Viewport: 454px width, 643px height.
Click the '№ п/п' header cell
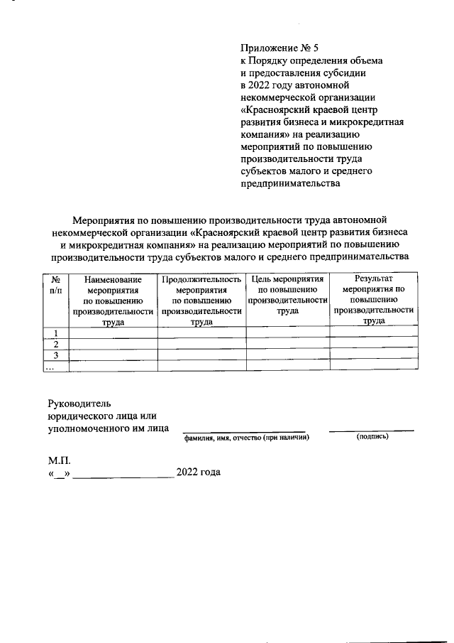coord(56,286)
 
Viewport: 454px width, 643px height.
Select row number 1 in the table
coord(55,333)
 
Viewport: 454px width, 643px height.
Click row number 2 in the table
coord(55,344)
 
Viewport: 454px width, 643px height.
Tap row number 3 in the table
coord(55,355)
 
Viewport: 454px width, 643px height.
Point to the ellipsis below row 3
coord(50,367)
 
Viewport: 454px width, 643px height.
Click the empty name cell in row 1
coord(113,333)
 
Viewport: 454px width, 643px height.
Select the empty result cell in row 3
coord(373,355)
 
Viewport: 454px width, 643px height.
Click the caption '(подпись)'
coord(372,436)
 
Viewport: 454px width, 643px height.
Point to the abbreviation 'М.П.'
coord(59,460)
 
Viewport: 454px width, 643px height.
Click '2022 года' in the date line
coord(199,472)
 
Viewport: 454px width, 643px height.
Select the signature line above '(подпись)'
coord(372,430)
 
